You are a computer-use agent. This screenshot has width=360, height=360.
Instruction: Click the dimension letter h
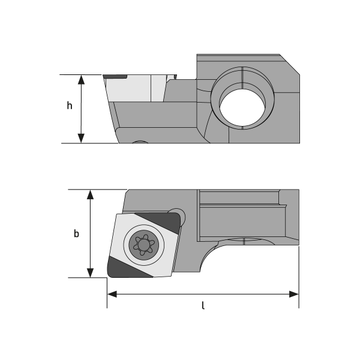[70, 106]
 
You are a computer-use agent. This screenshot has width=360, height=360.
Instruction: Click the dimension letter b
[76, 233]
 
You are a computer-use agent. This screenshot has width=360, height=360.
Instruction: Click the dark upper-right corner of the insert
[171, 222]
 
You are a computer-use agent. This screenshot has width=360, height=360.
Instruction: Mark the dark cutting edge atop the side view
[114, 77]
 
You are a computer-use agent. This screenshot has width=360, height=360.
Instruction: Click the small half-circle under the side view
[140, 143]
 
